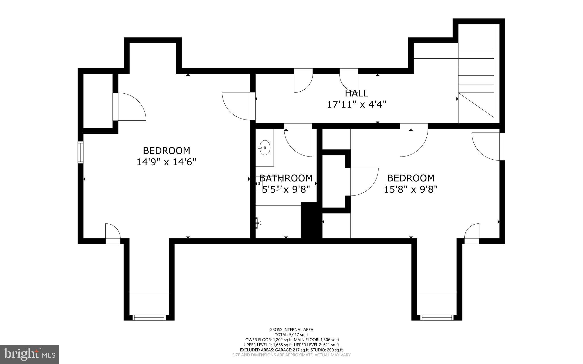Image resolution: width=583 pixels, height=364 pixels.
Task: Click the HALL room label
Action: (x=356, y=93)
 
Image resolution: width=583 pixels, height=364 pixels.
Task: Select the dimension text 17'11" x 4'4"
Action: (x=356, y=104)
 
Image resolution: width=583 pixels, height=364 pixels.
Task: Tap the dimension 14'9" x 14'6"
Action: (x=167, y=162)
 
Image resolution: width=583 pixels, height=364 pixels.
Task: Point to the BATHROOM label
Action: (x=286, y=178)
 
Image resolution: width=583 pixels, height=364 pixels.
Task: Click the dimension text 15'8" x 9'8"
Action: (x=410, y=190)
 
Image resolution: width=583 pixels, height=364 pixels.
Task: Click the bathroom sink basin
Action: (x=265, y=148)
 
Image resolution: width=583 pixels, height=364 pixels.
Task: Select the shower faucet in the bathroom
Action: (x=258, y=223)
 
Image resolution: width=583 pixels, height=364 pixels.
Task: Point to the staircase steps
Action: (x=476, y=80)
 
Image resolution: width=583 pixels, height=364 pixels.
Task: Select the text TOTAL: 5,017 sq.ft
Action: (x=291, y=335)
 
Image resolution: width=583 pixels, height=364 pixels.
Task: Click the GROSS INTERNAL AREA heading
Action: (x=291, y=330)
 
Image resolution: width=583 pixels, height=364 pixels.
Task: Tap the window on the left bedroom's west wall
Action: (x=81, y=152)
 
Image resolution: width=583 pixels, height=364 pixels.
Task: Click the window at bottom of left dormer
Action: (x=149, y=317)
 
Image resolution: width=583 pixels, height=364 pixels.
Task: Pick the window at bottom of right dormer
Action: (x=437, y=317)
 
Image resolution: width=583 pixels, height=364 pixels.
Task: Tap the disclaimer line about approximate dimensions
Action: (x=291, y=355)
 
